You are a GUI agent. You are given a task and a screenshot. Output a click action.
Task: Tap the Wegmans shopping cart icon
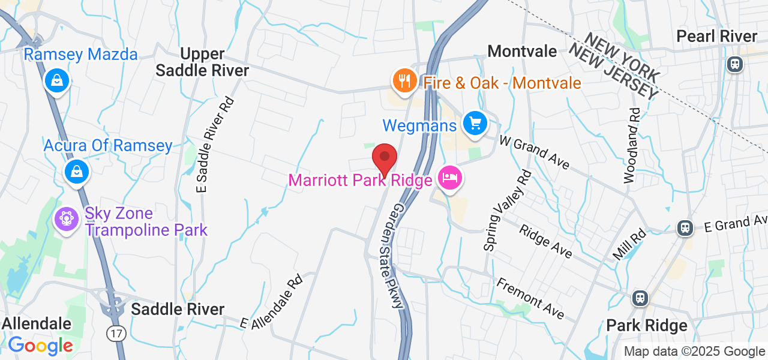click(x=475, y=124)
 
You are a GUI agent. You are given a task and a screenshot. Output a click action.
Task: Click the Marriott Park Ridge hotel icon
click(x=449, y=178)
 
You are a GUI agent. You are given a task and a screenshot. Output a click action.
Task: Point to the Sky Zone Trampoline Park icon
click(x=67, y=219)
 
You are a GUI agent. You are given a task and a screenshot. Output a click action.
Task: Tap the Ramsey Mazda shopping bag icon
click(x=57, y=80)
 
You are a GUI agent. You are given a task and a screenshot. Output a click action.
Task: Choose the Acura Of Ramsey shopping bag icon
click(x=77, y=172)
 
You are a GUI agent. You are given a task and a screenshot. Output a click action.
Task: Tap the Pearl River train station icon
click(x=734, y=64)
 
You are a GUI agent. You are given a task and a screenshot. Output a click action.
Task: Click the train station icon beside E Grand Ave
click(x=684, y=227)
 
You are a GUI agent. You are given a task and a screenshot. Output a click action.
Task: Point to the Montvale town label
click(x=522, y=52)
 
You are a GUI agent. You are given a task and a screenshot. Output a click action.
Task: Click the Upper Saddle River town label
click(x=202, y=62)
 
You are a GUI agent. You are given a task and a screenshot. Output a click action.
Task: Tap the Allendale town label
click(x=36, y=324)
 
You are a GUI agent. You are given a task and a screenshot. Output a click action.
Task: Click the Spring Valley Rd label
click(x=507, y=210)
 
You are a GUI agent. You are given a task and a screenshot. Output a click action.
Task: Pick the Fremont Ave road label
click(x=531, y=298)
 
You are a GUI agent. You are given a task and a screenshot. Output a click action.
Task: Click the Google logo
click(x=40, y=346)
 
